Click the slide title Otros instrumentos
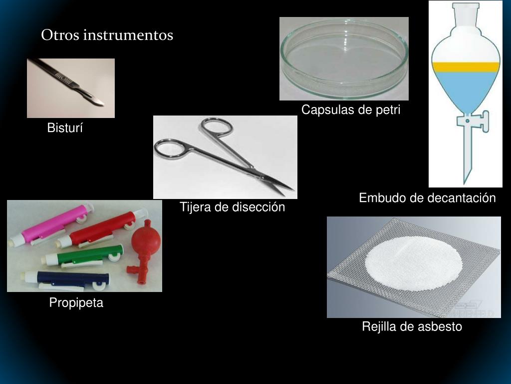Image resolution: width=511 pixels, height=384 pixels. coord(107,35)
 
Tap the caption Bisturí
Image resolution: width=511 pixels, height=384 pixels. coord(65,127)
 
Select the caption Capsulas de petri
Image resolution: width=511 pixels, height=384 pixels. coord(351,109)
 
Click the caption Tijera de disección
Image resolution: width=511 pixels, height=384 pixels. coord(232,206)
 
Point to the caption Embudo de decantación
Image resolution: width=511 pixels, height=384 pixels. coord(427,197)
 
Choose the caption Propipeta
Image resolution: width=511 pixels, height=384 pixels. coord(76,302)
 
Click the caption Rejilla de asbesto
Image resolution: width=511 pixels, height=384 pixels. coord(412,326)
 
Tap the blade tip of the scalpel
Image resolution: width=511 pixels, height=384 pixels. coord(102,104)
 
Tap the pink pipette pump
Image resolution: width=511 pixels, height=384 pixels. coord(52,225)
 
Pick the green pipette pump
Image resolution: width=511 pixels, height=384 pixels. coord(83,256)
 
